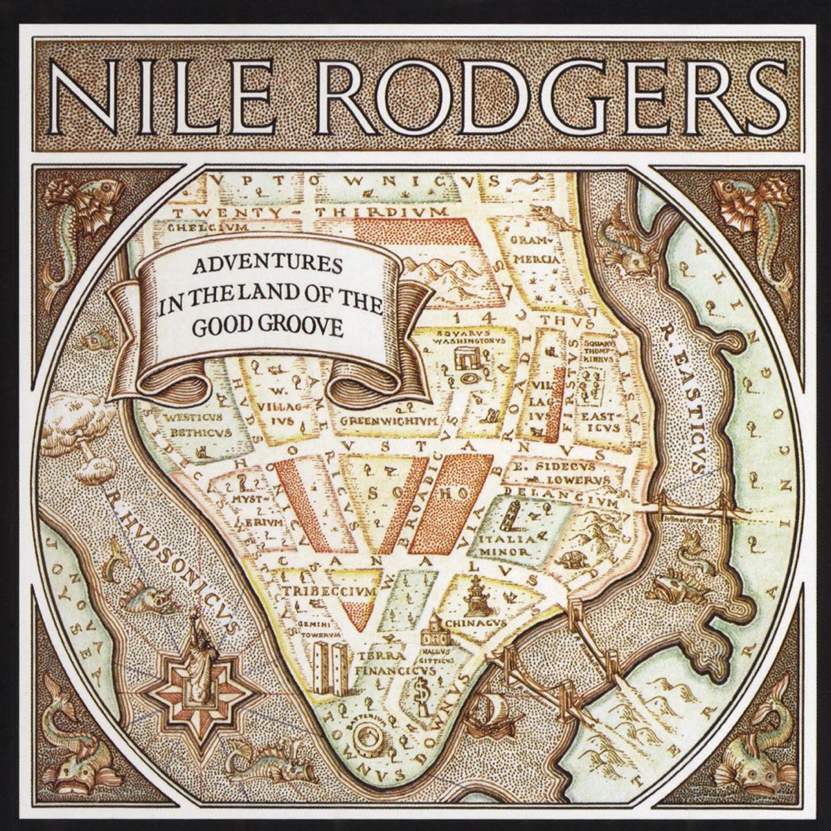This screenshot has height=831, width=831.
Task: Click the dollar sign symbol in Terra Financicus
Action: (x=419, y=692)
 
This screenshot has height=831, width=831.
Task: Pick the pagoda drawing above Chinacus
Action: (x=477, y=596)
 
